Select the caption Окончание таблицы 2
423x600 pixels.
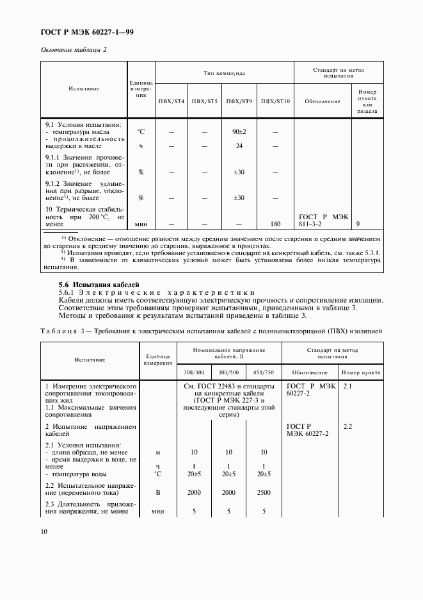74,49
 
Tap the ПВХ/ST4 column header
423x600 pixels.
171,101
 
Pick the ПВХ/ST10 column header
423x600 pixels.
276,101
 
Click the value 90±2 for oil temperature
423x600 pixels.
239,131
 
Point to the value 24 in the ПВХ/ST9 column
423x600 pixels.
239,146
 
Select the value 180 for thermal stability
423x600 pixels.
276,225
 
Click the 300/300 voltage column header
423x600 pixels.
194,372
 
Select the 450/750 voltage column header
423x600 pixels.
264,372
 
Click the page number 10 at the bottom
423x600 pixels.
44,531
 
